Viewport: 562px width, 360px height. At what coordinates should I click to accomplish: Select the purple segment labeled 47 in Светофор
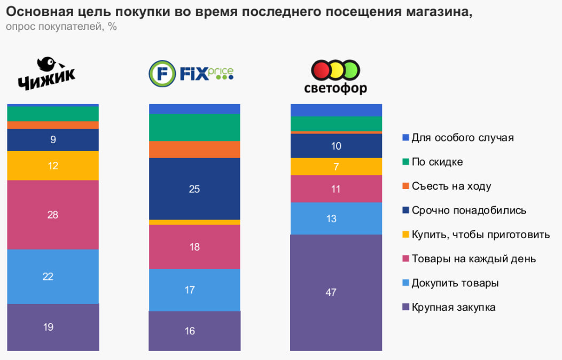pos(336,292)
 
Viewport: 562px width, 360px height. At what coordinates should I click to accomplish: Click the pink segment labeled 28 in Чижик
pos(53,215)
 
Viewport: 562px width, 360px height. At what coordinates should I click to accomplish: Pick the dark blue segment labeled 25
pos(194,189)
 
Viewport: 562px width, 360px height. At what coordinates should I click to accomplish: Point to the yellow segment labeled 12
pos(53,166)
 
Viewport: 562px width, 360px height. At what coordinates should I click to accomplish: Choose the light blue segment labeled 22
pos(53,276)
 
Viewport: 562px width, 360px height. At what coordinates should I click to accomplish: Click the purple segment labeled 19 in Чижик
pos(53,327)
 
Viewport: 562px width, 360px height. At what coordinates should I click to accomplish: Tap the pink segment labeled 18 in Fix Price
pos(194,247)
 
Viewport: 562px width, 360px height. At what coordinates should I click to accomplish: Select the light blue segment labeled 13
pos(336,218)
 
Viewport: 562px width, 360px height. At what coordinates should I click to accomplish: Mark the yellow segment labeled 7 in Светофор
pos(336,167)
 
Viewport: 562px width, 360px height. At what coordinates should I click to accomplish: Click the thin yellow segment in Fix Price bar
pos(194,222)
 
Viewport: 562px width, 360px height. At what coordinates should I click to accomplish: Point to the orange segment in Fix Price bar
pos(194,149)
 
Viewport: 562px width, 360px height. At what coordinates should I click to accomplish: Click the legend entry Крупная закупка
pos(453,307)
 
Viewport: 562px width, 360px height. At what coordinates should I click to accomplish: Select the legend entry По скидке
pos(437,162)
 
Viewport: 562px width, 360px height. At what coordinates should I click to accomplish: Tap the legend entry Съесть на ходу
pos(451,186)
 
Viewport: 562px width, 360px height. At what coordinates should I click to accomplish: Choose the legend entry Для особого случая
pos(462,137)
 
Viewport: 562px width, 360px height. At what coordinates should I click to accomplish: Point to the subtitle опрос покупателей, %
pos(61,27)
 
